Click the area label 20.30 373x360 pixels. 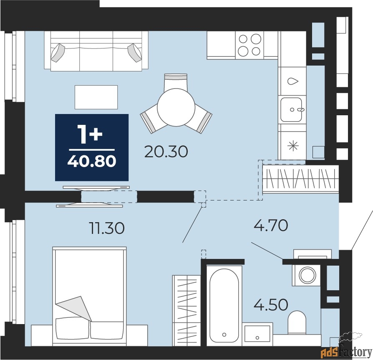(166, 152)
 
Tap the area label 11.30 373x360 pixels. (106, 228)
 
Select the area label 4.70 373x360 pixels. (271, 225)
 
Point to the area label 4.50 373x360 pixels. (271, 305)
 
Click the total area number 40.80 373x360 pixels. (92, 162)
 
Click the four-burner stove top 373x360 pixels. (250, 45)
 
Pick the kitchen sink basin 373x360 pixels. (291, 109)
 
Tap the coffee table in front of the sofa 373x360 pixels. (96, 97)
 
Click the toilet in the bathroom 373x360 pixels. (297, 322)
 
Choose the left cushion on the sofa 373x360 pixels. (58, 53)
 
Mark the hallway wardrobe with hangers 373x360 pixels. (300, 179)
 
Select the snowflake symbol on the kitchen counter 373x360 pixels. (293, 146)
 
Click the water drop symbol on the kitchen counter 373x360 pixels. (292, 81)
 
